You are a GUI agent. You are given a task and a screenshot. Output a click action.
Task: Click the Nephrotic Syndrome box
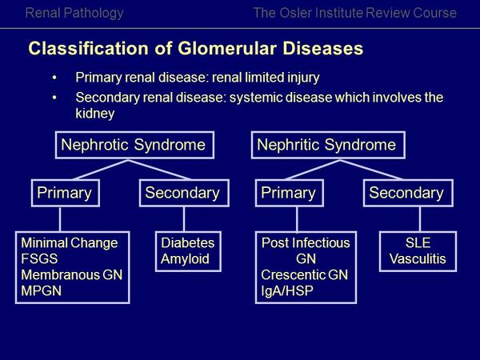pos(134,145)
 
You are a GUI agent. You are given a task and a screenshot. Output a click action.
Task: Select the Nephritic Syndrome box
pos(326,145)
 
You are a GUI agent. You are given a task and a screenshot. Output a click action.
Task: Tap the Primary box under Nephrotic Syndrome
pos(66,193)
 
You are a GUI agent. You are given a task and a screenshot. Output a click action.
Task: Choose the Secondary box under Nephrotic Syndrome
pos(183,193)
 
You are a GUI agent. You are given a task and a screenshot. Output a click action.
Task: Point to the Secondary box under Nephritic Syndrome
pos(406,193)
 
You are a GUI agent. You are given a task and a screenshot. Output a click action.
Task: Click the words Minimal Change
pos(70,243)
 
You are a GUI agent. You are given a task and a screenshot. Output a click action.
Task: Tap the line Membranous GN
pos(70,275)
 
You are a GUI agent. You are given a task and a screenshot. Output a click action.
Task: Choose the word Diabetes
pos(188,243)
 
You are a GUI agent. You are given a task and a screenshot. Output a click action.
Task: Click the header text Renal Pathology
pos(74,13)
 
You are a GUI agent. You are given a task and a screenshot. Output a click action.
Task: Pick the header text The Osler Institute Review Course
pos(354,13)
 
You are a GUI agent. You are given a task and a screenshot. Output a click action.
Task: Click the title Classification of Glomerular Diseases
pos(196,48)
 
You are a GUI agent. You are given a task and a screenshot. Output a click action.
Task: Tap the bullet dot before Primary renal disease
pos(54,78)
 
